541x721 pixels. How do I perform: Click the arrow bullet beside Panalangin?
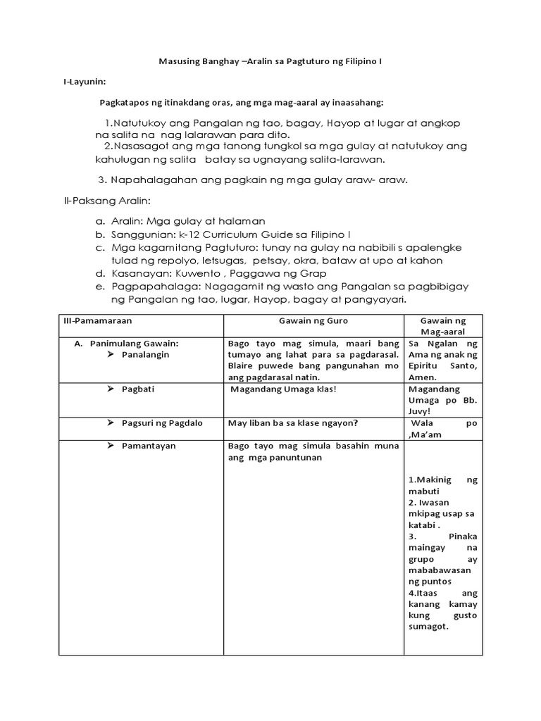click(x=111, y=355)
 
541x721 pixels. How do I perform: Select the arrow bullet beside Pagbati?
click(x=111, y=389)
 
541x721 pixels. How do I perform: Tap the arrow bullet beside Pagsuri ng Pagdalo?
click(x=111, y=423)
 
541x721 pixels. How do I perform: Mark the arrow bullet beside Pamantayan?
click(x=111, y=446)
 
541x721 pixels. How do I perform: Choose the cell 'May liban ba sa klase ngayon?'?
click(x=293, y=423)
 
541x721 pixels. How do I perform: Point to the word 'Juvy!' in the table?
click(x=421, y=412)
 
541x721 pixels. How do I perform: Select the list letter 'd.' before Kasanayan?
click(x=101, y=273)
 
